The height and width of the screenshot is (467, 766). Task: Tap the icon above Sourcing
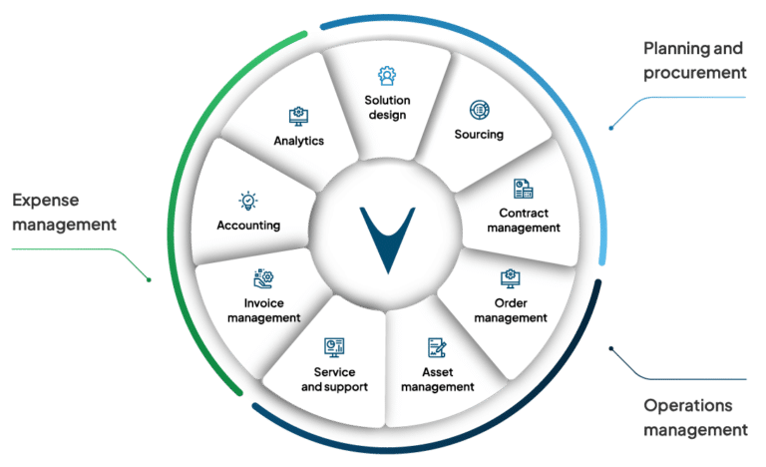[479, 109]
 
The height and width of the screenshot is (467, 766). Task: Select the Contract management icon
[524, 189]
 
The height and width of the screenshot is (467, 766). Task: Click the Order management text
[511, 310]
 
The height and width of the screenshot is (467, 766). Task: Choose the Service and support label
[334, 379]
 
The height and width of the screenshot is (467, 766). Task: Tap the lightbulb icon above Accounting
[247, 201]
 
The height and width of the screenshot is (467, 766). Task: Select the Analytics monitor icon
[297, 116]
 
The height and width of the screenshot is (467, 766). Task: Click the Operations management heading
[694, 418]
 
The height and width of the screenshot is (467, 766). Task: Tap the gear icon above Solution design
[385, 75]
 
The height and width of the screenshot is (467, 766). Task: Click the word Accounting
[248, 225]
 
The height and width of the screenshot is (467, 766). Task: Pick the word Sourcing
[479, 134]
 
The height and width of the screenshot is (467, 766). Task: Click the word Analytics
[299, 141]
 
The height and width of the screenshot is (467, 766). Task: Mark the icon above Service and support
[334, 346]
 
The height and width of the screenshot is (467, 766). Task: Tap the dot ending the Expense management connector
[149, 280]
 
